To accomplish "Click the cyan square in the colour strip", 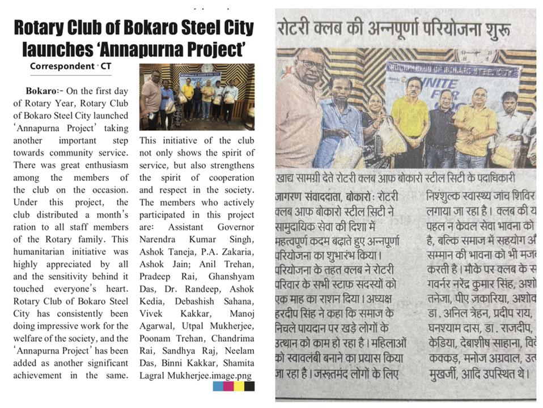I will click(x=218, y=386).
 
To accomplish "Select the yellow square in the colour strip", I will click(x=239, y=386).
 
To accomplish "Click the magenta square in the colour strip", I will click(x=228, y=386).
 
